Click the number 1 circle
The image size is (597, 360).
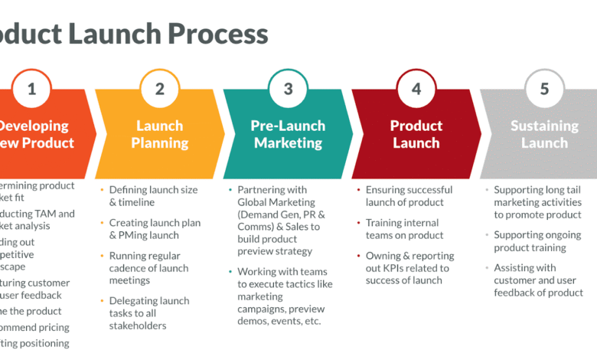click(x=31, y=89)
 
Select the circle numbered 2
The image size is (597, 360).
click(x=160, y=89)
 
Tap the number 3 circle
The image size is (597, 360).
click(x=288, y=89)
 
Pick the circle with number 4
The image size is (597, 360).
click(x=416, y=89)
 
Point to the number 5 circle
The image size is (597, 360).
click(x=544, y=89)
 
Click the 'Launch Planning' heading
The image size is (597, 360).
click(x=159, y=134)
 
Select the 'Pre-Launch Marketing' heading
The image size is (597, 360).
click(x=288, y=134)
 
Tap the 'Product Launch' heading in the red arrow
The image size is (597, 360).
click(x=416, y=134)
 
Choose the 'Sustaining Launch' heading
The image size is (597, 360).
click(x=544, y=134)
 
